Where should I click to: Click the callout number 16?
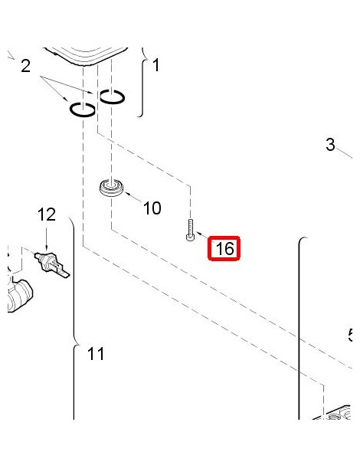224,248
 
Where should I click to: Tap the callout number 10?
152,208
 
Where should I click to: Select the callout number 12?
47,214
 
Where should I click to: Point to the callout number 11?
96,354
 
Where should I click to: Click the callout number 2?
26,66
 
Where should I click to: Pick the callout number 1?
155,65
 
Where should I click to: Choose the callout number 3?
330,145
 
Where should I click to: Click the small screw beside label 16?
191,230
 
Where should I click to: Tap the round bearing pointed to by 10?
111,188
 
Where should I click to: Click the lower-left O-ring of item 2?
83,110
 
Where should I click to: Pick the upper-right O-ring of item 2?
112,97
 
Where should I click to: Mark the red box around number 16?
224,248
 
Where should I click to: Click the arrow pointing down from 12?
46,239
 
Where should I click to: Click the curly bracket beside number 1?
143,82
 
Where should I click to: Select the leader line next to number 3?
345,153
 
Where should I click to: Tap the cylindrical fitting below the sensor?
20,296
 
